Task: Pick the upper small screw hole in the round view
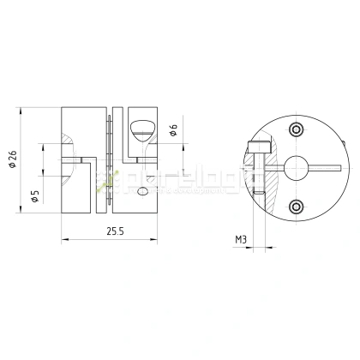297,129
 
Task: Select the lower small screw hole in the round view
297,206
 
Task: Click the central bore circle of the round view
297,167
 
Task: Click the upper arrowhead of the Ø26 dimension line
22,111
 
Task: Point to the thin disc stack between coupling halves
110,160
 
